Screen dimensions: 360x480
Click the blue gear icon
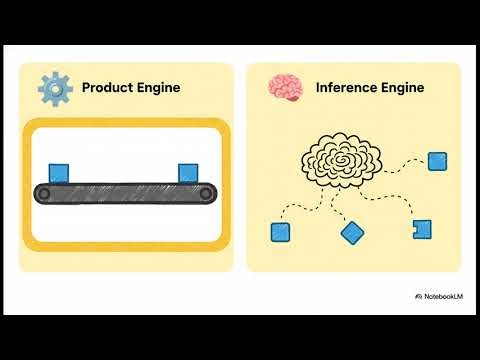pyautogui.click(x=55, y=87)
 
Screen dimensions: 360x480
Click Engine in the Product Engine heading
pyautogui.click(x=158, y=88)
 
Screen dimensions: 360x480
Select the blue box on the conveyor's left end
pyautogui.click(x=59, y=173)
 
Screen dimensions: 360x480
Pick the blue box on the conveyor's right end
pyautogui.click(x=187, y=173)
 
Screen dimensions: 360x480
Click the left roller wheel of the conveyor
pyautogui.click(x=43, y=194)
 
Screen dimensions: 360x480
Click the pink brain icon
pyautogui.click(x=284, y=87)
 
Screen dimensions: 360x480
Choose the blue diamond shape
pyautogui.click(x=352, y=233)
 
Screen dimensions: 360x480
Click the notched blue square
pyautogui.click(x=422, y=229)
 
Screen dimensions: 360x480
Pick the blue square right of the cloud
pyautogui.click(x=437, y=160)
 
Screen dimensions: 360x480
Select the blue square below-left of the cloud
pyautogui.click(x=280, y=232)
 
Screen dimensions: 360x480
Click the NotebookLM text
pyautogui.click(x=441, y=297)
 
